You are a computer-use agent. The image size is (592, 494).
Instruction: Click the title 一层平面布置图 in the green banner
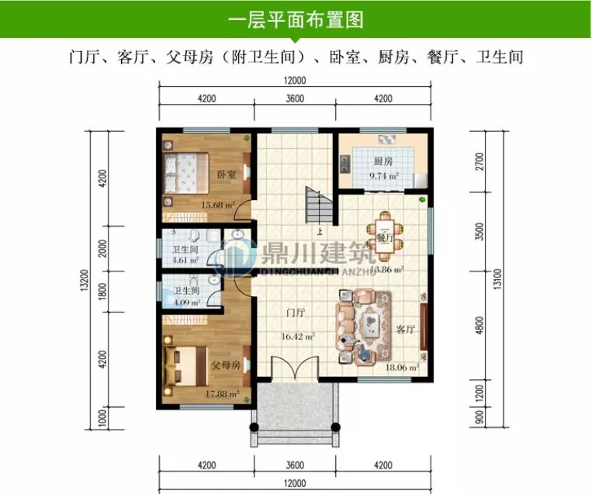pyautogui.click(x=296, y=19)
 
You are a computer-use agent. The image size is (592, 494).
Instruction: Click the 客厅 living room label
pyautogui.click(x=405, y=329)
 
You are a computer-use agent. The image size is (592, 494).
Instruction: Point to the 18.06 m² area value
pyautogui.click(x=403, y=368)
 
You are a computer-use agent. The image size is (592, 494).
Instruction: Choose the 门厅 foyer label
pyautogui.click(x=294, y=313)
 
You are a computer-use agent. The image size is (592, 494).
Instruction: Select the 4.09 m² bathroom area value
pyautogui.click(x=185, y=302)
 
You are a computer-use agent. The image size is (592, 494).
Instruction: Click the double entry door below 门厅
pyautogui.click(x=296, y=368)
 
